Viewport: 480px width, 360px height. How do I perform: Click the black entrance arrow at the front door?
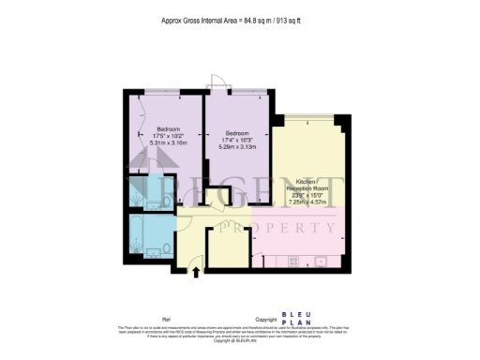(196, 273)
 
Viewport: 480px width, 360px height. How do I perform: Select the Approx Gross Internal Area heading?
(238, 18)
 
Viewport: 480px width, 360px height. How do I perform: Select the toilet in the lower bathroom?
(165, 248)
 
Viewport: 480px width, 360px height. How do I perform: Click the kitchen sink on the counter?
(320, 260)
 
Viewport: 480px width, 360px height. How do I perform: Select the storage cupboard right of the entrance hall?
(226, 245)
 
